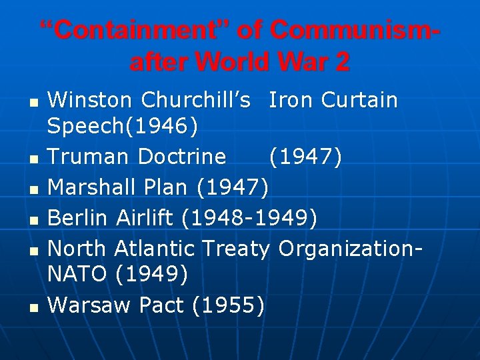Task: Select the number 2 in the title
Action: click(341, 62)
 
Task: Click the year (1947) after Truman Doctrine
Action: click(305, 157)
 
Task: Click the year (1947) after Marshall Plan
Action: click(233, 187)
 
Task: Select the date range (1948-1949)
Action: click(250, 217)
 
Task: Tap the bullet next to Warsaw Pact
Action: click(33, 307)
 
